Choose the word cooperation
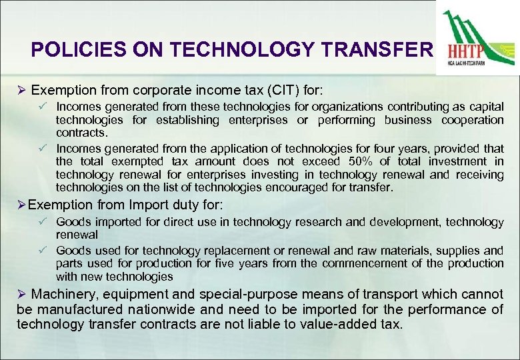tap(473, 120)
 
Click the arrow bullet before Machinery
tap(21, 294)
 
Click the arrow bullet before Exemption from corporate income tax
tap(21, 89)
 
